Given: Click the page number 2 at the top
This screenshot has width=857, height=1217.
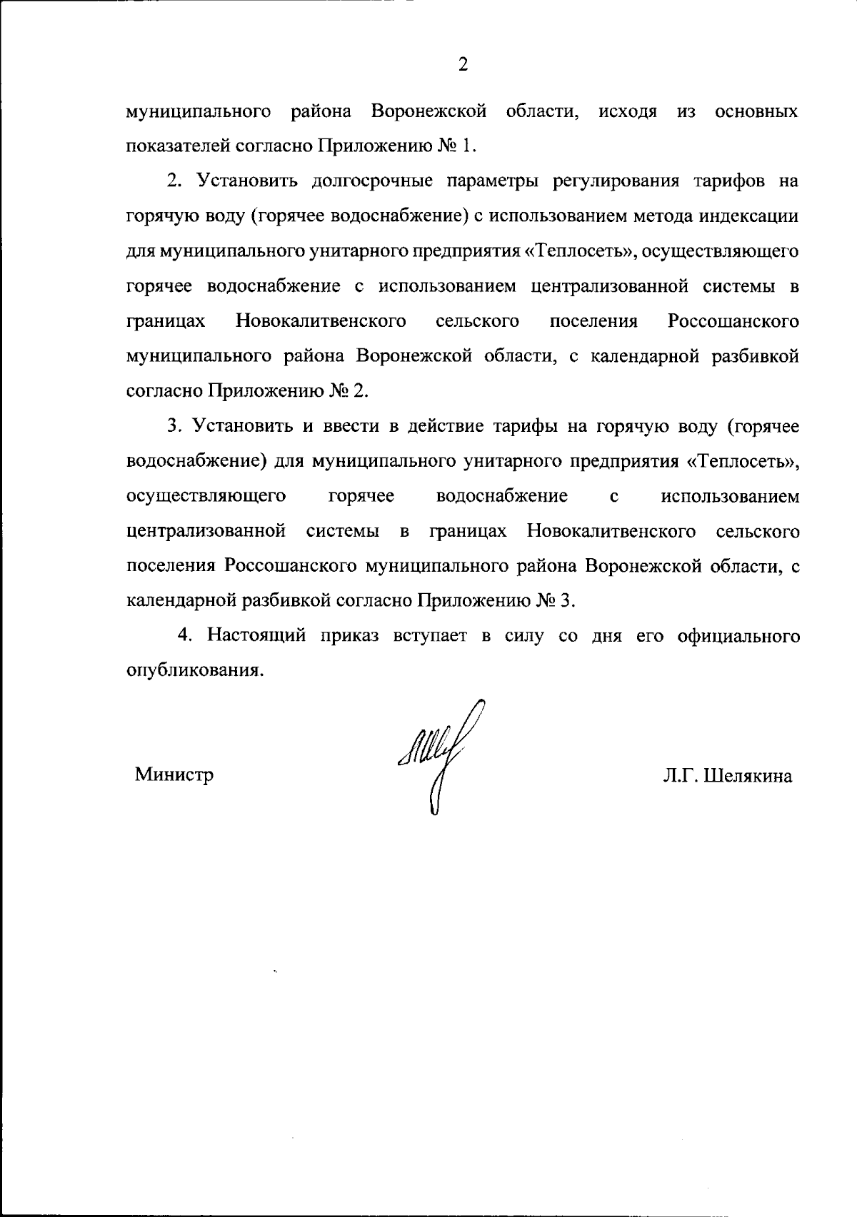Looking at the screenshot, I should (463, 65).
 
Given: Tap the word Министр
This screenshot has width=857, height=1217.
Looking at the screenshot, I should (174, 774).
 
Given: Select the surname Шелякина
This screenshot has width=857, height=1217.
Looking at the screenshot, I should (748, 777).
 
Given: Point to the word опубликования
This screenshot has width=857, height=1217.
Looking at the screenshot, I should (191, 671).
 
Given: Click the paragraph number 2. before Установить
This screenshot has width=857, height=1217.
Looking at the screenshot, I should (175, 181).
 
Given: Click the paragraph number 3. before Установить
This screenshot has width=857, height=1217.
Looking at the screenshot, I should (175, 426).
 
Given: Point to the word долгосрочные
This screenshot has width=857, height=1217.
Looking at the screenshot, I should (372, 181).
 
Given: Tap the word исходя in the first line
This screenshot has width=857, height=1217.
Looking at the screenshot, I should (627, 112).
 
